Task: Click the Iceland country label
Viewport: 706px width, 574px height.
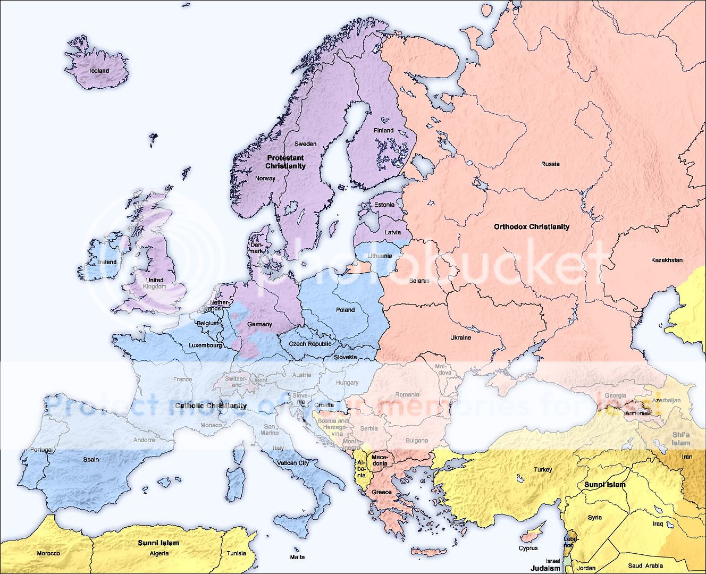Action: pos(99,71)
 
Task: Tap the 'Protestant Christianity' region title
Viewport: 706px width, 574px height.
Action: pos(285,162)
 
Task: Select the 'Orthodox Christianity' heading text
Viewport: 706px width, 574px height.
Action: pos(531,227)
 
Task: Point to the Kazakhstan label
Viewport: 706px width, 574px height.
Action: pos(667,260)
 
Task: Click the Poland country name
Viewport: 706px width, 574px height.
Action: pos(345,310)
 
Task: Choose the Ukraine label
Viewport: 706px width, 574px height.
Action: pos(460,337)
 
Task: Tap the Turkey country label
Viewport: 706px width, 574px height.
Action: pos(543,469)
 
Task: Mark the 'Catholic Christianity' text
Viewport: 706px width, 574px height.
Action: pos(211,406)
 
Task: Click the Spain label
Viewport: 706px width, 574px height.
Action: pos(91,459)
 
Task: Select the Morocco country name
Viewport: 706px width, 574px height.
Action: pos(48,553)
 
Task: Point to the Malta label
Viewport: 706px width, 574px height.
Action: pos(297,557)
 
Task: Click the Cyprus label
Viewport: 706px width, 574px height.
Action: pos(528,548)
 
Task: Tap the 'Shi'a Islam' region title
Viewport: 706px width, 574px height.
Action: pos(680,438)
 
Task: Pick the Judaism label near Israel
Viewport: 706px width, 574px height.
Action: pos(545,568)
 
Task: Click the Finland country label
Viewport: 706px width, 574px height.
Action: pos(383,130)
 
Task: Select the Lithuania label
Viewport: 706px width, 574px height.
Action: pos(380,256)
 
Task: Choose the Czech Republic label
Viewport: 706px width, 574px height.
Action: pos(310,344)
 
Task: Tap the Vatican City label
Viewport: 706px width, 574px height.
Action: pos(293,463)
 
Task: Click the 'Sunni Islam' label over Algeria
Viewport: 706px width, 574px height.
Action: pos(158,543)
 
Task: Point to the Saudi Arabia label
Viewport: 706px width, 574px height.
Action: pos(645,566)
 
